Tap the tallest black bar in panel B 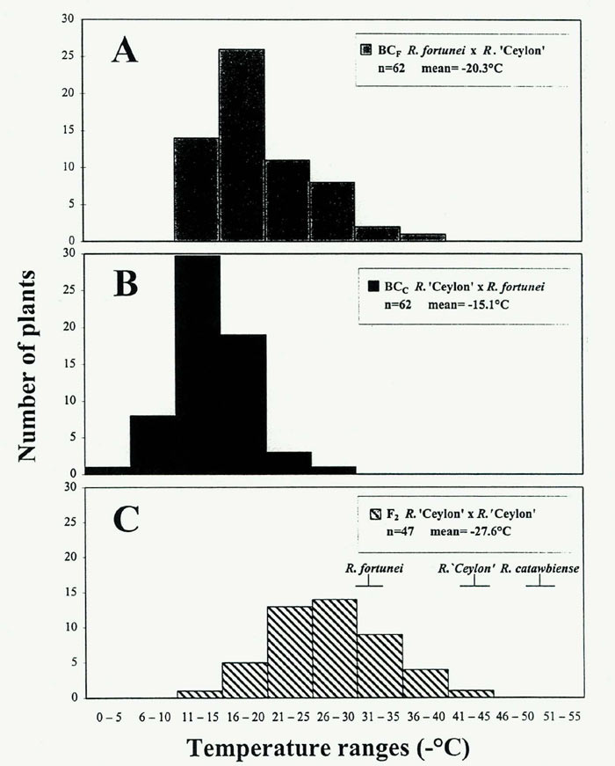click(x=198, y=365)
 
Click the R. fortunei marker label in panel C click(x=374, y=568)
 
